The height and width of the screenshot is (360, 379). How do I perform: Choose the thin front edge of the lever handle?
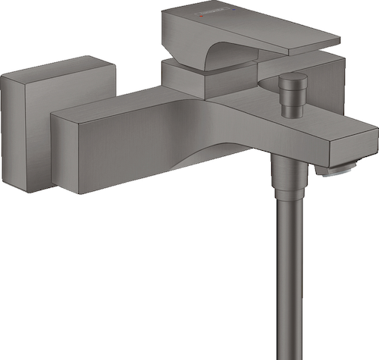click(303, 49)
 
